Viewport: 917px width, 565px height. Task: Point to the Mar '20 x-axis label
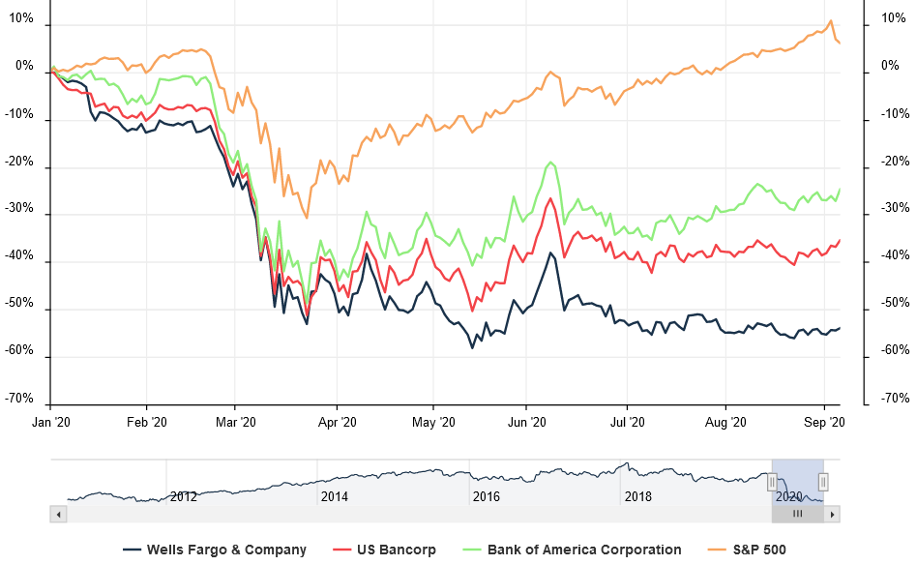[x=235, y=422]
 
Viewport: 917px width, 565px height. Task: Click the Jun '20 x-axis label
[x=527, y=422]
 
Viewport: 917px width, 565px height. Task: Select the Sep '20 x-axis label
[x=825, y=422]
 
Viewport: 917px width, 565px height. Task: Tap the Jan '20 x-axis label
[x=49, y=422]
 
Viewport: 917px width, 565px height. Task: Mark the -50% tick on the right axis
[x=894, y=304]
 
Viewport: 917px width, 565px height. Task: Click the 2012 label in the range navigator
[x=184, y=496]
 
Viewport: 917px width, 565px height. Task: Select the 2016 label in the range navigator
[x=486, y=496]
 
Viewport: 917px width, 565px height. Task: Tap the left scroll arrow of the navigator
[x=59, y=515]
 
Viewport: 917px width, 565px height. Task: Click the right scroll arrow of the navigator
[x=830, y=515]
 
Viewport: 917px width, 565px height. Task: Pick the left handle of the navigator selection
[x=772, y=481]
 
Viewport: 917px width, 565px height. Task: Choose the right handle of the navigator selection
[x=823, y=481]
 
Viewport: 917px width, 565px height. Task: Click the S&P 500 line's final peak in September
[x=830, y=20]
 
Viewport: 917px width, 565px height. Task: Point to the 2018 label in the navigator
[x=638, y=496]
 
